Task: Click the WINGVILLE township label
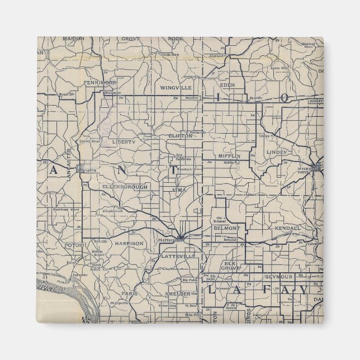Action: point(176,88)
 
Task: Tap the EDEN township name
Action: point(228,85)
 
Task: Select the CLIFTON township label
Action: point(180,136)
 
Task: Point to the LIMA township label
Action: point(179,190)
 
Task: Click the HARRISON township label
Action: point(130,244)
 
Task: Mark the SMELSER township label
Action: point(178,293)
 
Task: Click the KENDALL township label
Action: point(287,229)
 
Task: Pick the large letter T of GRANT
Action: point(174,170)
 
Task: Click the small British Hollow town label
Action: point(98,253)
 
